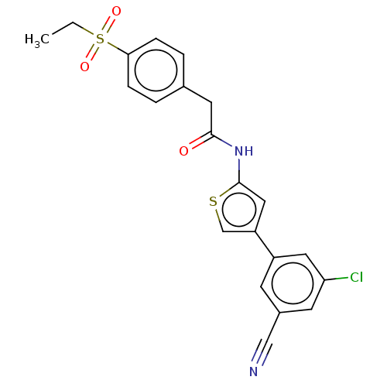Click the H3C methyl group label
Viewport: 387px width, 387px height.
tap(37, 39)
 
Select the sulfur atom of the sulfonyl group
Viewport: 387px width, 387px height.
tap(100, 39)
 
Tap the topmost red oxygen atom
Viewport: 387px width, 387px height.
tap(116, 12)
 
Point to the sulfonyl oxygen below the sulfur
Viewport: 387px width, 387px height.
tap(84, 67)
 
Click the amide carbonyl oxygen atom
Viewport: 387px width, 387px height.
tap(183, 151)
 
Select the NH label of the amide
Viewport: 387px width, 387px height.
tap(244, 151)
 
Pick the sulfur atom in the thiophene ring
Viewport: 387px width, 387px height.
tap(213, 201)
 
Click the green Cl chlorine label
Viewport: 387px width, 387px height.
tap(357, 277)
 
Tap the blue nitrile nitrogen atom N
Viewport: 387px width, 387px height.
tap(254, 372)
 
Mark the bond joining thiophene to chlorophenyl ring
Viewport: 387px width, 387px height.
tap(265, 245)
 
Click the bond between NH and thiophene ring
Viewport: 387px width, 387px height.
tap(239, 171)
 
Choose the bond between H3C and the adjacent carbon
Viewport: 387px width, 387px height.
tap(63, 29)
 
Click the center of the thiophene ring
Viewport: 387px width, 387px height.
tap(239, 210)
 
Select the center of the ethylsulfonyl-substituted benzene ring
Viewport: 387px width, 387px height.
tap(156, 70)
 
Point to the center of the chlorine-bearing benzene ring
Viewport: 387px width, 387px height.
tap(293, 283)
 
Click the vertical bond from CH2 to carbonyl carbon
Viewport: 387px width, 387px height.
tap(211, 118)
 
